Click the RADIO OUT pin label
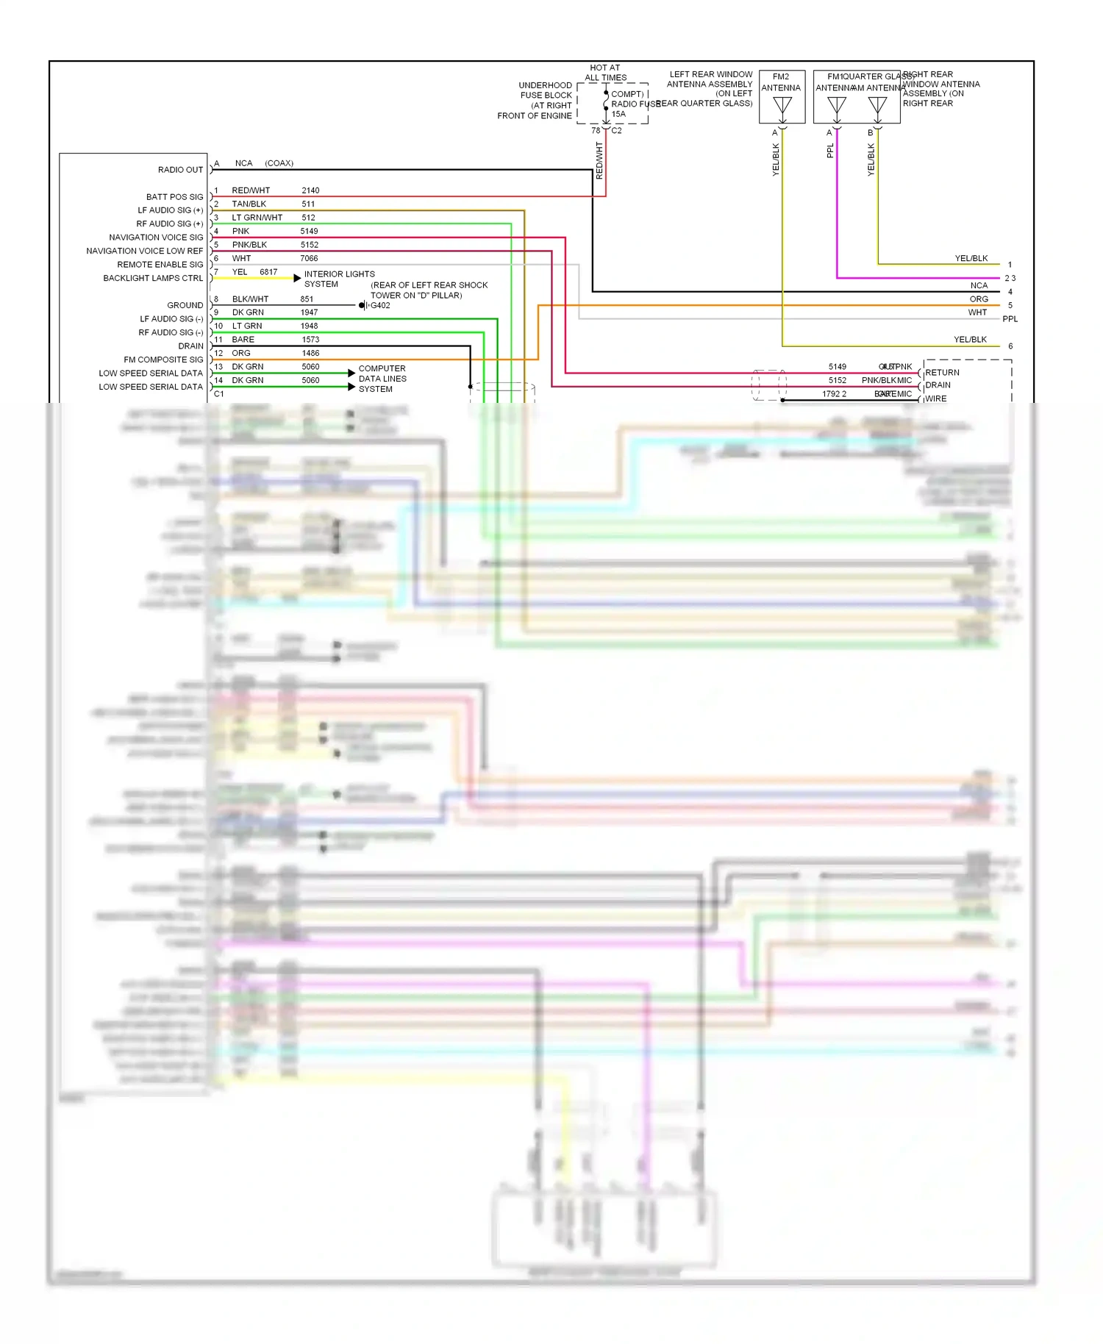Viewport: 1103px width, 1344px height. click(x=180, y=170)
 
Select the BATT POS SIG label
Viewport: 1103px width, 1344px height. click(x=174, y=197)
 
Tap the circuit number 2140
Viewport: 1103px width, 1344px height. click(x=310, y=190)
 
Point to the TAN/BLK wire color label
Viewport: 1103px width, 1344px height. click(x=249, y=204)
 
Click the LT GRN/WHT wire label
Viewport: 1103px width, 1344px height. click(x=257, y=218)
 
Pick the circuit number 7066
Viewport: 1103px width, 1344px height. click(x=309, y=259)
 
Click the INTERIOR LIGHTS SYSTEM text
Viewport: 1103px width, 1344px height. click(x=339, y=279)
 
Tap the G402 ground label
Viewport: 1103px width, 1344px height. click(x=380, y=306)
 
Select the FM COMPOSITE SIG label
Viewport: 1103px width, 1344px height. click(x=163, y=360)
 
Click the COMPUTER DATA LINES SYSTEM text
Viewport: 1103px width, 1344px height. click(x=382, y=379)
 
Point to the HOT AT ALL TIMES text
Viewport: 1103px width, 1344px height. click(x=605, y=73)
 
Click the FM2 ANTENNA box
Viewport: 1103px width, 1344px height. click(x=782, y=96)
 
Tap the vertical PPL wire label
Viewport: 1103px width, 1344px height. click(x=830, y=151)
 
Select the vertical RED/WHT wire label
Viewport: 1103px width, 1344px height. click(x=599, y=161)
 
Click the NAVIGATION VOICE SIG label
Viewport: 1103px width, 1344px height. click(x=156, y=237)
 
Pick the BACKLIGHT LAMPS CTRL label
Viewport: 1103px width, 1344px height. click(x=153, y=279)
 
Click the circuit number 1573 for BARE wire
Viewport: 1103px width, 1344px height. click(x=310, y=340)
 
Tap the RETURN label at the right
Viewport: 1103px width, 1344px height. click(x=942, y=373)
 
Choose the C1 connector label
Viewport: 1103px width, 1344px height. click(x=218, y=394)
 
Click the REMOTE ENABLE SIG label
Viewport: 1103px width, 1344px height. click(x=160, y=265)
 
